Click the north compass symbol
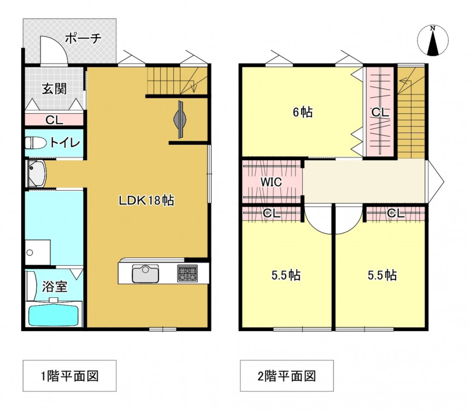(433, 40)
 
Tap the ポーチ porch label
(83, 38)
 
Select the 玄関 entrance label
(54, 89)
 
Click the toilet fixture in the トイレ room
(36, 143)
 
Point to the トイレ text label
(65, 143)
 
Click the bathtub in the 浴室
(55, 315)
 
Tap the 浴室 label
(54, 287)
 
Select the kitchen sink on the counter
(145, 273)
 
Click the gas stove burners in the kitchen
(187, 273)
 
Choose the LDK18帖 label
(146, 200)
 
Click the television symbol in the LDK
(180, 119)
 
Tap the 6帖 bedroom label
(302, 113)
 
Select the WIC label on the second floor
(271, 181)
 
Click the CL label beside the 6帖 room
(380, 113)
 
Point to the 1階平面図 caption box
(69, 376)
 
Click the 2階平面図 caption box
(287, 376)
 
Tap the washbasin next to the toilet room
(36, 174)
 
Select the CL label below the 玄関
(54, 120)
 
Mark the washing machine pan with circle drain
(38, 252)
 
